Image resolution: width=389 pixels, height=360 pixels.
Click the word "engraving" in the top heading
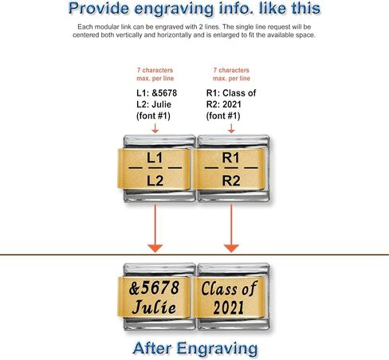point(174,9)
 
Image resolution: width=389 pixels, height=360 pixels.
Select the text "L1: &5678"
point(157,93)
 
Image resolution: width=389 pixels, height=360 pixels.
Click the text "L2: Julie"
point(154,104)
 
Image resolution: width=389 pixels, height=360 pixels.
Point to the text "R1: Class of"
point(231,93)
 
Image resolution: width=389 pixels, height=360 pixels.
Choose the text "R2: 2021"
point(224,104)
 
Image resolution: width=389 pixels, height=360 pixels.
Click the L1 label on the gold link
point(155,158)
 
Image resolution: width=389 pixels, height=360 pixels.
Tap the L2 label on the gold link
point(155,181)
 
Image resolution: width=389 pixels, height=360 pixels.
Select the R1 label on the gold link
point(231,158)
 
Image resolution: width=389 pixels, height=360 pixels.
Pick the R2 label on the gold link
point(231,181)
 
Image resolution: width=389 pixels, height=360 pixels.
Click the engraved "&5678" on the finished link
point(154,288)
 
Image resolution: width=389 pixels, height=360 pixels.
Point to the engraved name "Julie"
point(154,307)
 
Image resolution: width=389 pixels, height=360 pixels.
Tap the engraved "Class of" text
point(230,288)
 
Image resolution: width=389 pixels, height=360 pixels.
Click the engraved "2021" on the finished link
point(229,307)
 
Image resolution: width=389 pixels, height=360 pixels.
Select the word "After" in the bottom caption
point(151,348)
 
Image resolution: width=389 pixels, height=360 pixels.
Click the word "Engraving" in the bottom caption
point(217,349)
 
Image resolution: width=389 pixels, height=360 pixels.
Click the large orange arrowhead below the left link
point(155,248)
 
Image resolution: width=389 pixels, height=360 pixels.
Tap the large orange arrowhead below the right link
point(231,248)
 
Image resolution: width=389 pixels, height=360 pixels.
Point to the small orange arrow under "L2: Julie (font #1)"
point(155,128)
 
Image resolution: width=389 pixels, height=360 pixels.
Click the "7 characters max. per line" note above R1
point(231,74)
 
